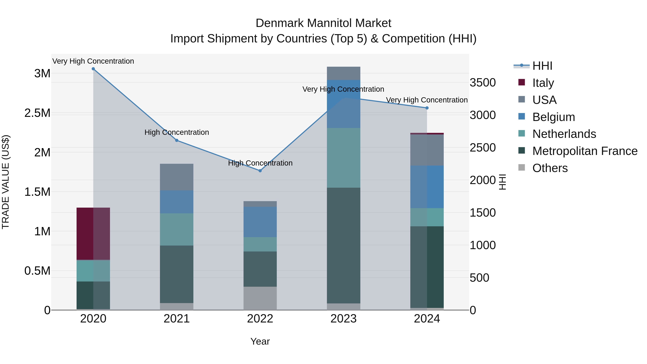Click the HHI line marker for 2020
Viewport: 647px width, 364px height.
click(93, 69)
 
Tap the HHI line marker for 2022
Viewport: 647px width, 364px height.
click(260, 171)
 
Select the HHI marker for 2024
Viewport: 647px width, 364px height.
click(427, 108)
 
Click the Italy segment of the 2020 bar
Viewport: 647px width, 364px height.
click(93, 234)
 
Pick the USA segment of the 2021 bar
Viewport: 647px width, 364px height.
click(176, 177)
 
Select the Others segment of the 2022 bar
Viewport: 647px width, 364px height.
click(260, 298)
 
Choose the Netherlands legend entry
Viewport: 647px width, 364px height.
click(564, 134)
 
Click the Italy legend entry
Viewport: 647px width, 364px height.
click(543, 83)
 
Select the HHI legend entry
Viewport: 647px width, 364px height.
click(542, 66)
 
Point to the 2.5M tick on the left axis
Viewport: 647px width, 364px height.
click(37, 113)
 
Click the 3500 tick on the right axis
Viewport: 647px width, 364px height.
click(483, 83)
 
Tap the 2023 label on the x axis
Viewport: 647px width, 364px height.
click(344, 319)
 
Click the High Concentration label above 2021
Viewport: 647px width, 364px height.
click(176, 132)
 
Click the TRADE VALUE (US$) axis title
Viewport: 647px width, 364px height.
click(6, 182)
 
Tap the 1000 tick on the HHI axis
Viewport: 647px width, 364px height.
click(483, 245)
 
